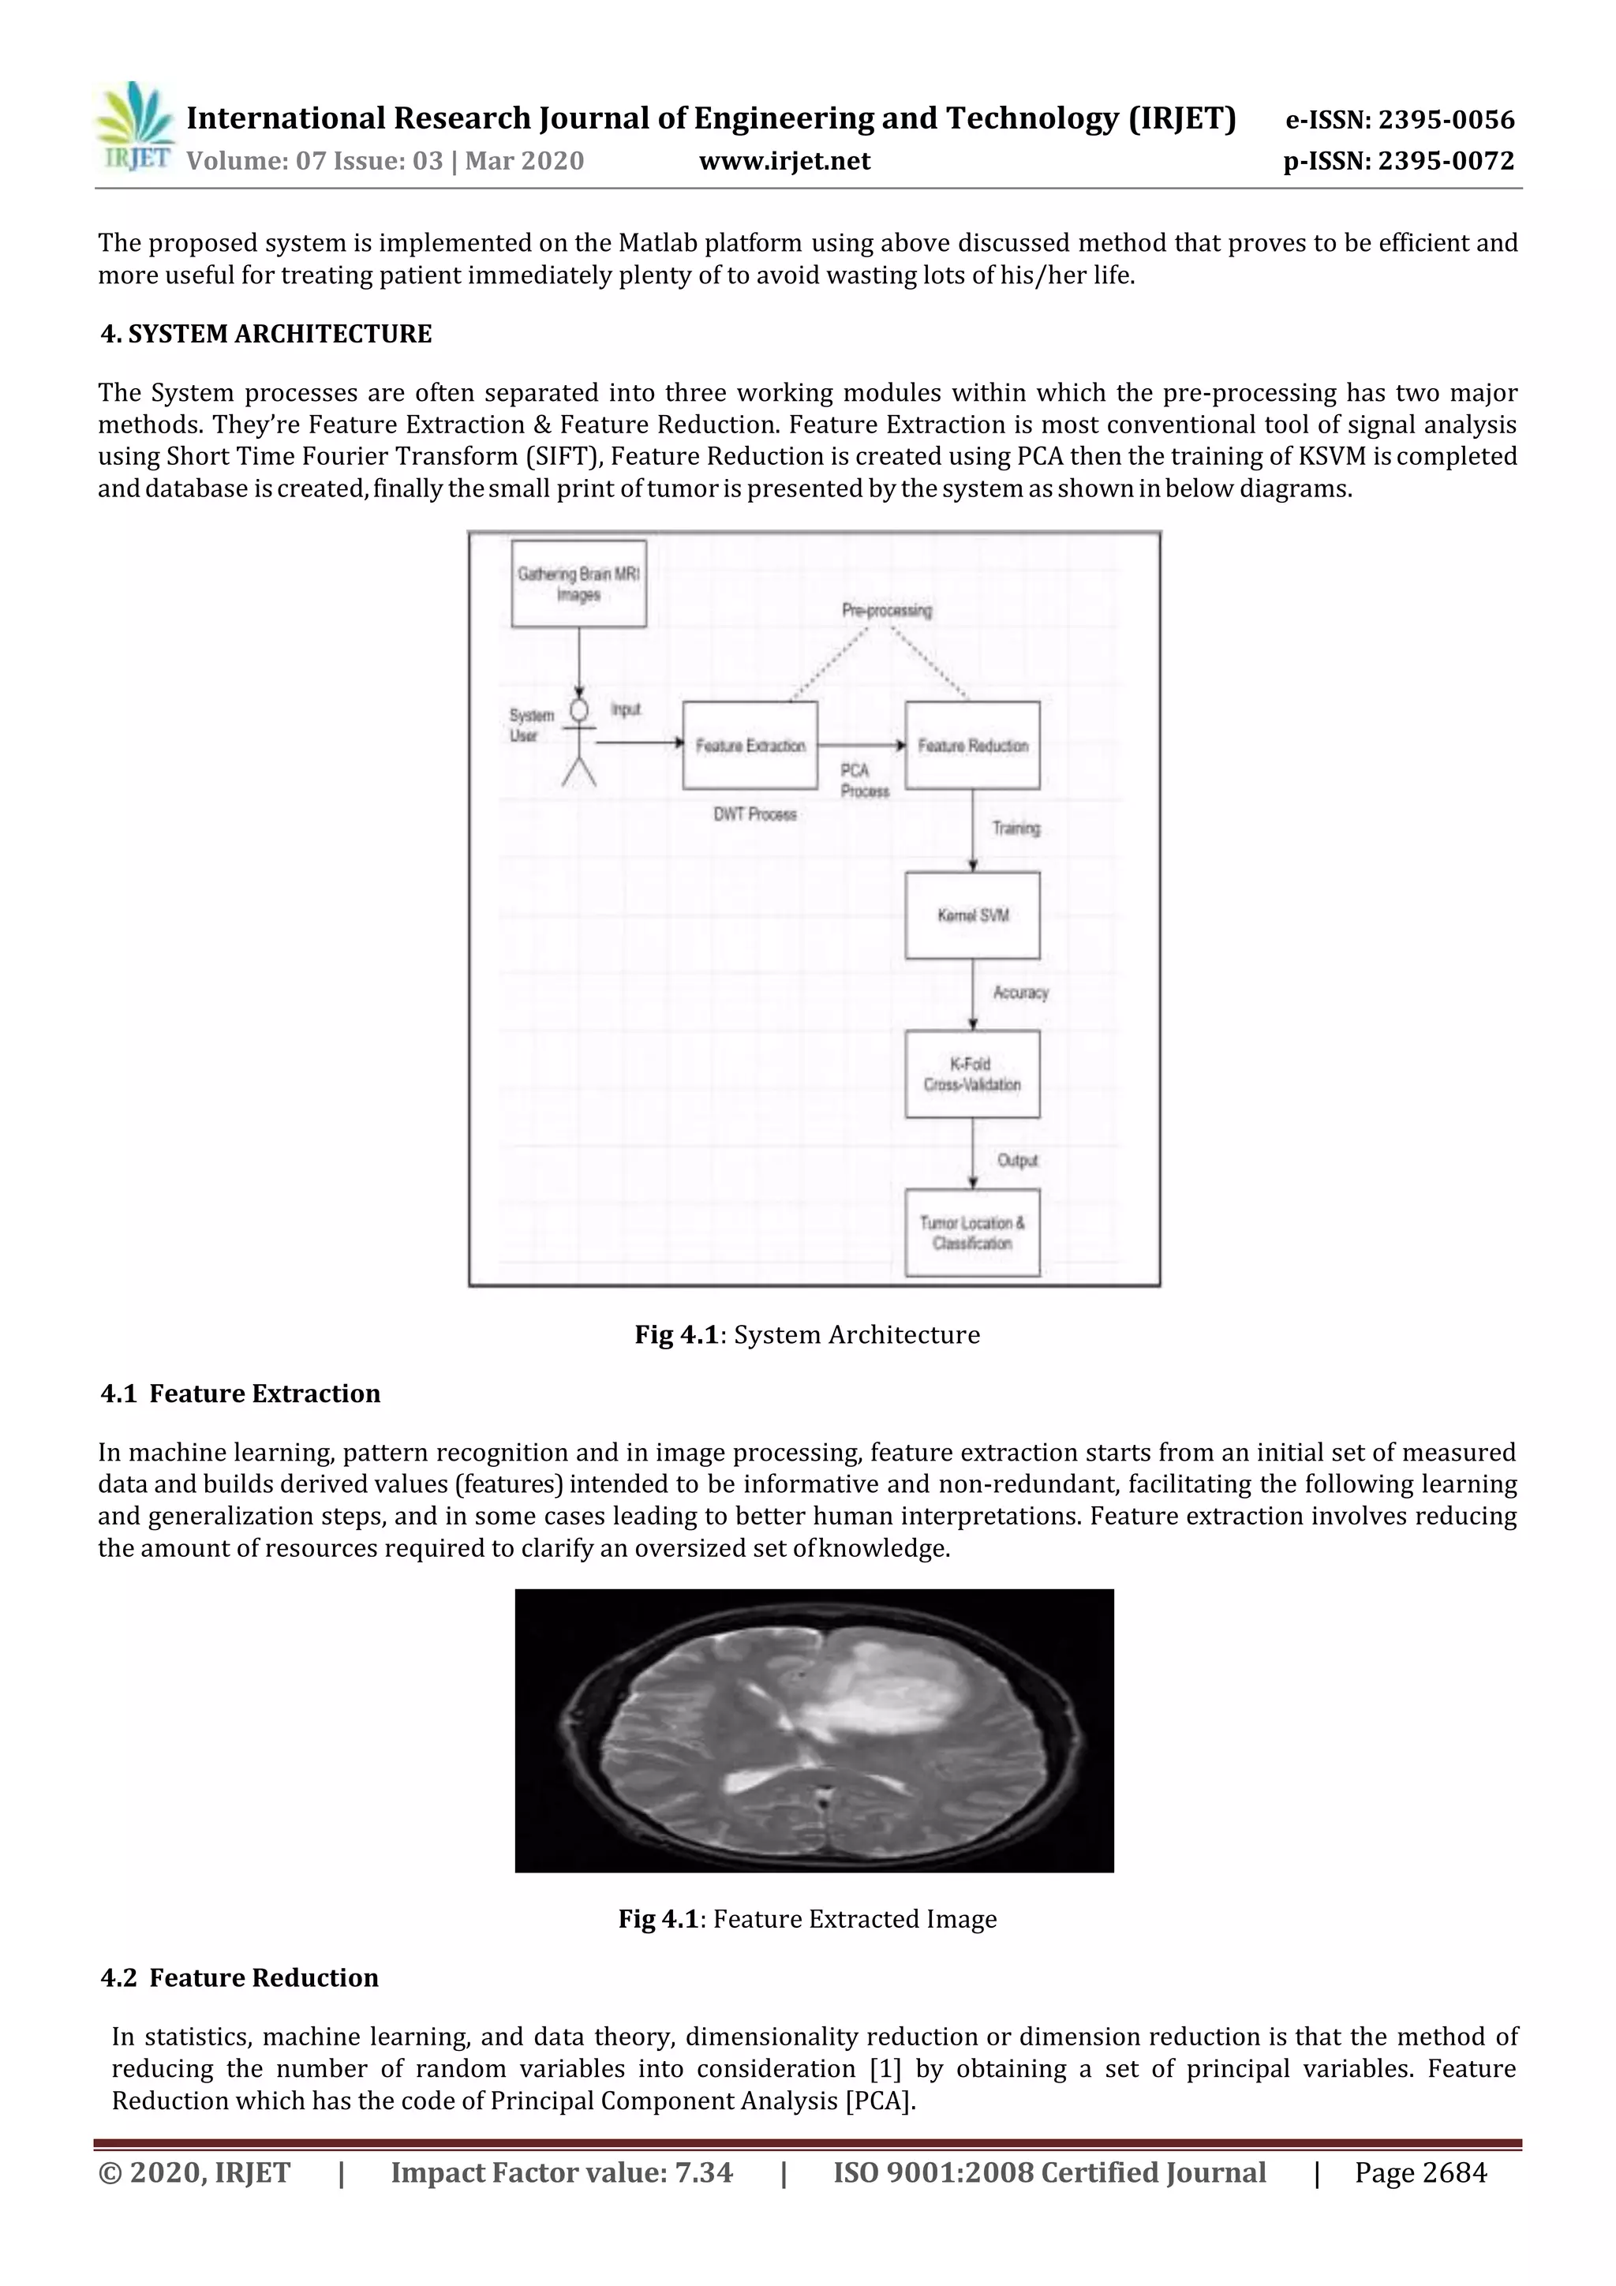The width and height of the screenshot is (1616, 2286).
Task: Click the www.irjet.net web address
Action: point(784,161)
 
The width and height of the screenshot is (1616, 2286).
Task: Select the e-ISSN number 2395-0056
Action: point(1400,121)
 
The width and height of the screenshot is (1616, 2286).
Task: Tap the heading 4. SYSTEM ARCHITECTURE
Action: point(266,334)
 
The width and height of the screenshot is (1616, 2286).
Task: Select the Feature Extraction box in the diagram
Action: point(750,746)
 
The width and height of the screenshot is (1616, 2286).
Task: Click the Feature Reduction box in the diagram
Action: point(972,746)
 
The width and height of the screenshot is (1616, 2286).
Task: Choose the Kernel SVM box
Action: point(972,916)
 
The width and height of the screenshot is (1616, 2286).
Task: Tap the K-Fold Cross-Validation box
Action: point(972,1074)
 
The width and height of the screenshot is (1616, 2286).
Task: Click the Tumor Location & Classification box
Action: point(972,1233)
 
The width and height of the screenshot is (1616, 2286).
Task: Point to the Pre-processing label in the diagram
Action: point(886,610)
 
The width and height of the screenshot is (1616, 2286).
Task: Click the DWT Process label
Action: point(754,814)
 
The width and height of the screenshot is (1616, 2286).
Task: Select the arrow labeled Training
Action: point(973,830)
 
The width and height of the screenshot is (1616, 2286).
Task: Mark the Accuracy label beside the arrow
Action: point(1020,993)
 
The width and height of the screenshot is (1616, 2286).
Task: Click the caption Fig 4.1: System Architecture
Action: point(807,1335)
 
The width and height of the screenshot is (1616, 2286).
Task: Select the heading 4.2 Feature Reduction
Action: point(240,1977)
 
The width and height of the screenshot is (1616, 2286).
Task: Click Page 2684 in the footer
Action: point(1420,2172)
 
